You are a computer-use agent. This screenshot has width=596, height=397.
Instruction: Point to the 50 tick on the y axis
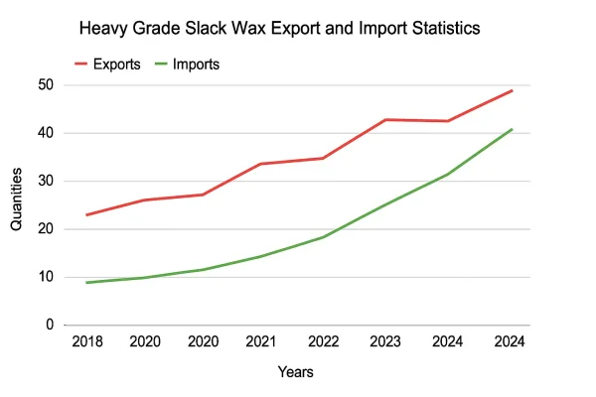(46, 85)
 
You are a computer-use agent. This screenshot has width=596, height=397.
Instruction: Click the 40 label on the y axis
(46, 133)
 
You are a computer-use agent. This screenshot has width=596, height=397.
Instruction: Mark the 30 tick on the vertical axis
(46, 182)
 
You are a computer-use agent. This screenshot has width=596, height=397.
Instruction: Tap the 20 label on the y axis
(46, 229)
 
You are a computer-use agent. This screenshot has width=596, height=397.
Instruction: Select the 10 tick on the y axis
(46, 277)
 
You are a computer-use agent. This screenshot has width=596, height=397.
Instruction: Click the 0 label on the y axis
(50, 326)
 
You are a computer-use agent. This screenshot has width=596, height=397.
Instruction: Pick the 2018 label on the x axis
(88, 342)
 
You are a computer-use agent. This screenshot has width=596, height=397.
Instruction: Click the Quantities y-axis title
(17, 199)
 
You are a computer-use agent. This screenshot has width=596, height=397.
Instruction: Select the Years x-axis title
(296, 373)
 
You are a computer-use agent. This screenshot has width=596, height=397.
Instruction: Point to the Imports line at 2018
(88, 283)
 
